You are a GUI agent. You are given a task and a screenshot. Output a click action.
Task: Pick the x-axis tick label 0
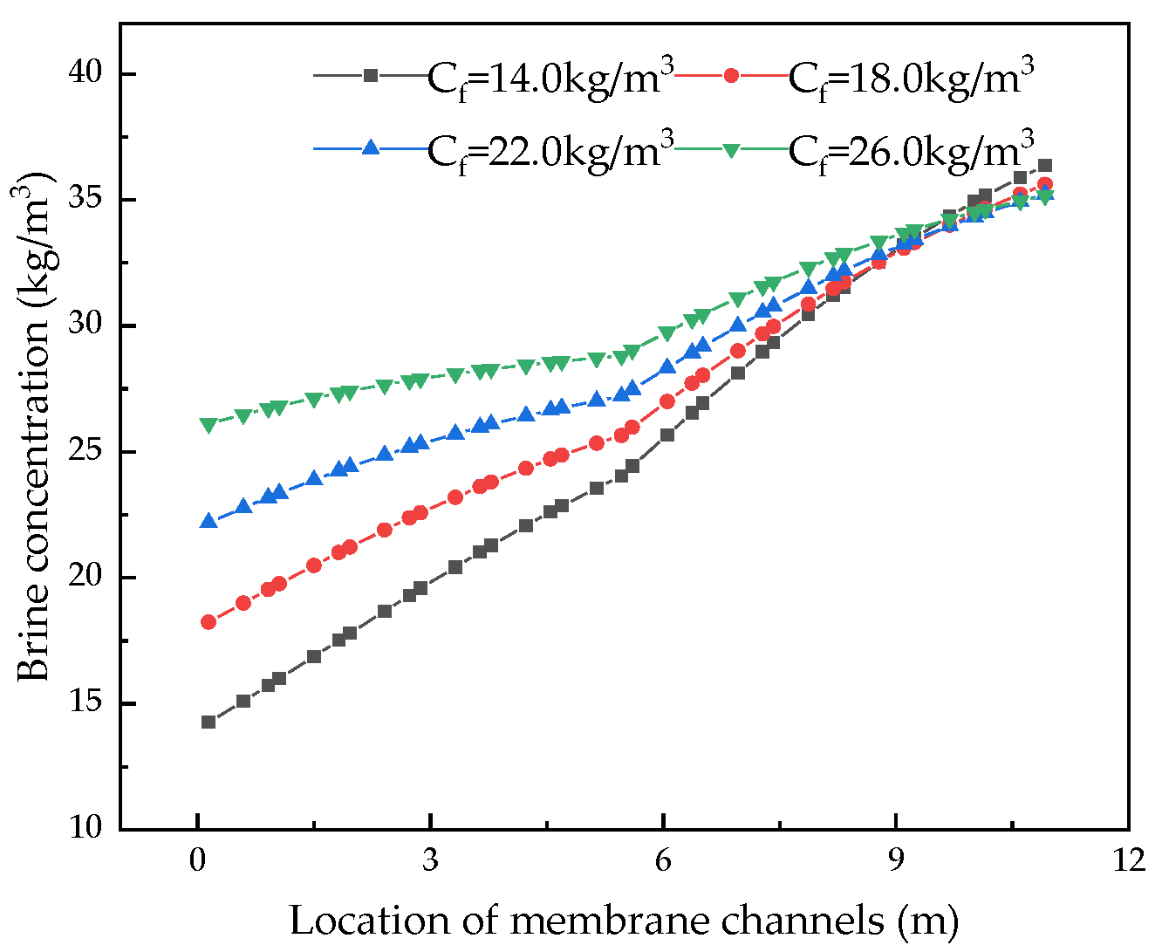coord(198,860)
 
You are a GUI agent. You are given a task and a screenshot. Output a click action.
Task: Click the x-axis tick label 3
coord(430,860)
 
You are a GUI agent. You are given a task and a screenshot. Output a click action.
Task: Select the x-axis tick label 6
coord(663,860)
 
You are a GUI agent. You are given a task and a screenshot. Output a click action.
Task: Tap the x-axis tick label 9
coord(896,860)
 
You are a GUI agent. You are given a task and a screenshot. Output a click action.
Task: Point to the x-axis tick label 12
coord(1127,860)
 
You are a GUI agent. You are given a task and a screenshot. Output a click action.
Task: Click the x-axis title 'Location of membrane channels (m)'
coord(624,921)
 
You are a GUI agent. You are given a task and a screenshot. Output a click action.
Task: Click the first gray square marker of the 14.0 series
coord(208,722)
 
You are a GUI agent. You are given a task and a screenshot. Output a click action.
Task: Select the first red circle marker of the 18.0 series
coord(208,622)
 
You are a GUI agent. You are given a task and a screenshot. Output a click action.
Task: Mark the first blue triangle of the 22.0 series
coord(208,521)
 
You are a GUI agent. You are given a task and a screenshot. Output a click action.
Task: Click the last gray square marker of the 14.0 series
coord(1045,165)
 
